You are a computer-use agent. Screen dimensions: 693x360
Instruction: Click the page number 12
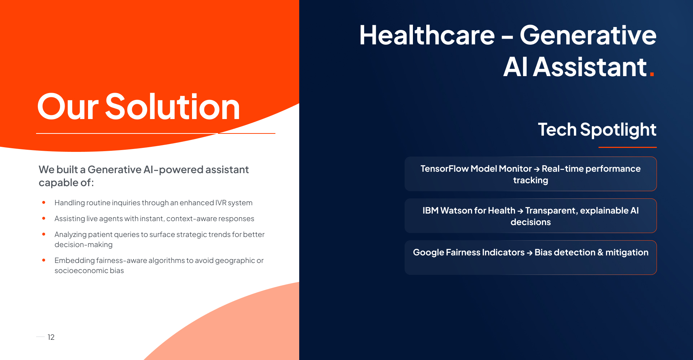point(51,337)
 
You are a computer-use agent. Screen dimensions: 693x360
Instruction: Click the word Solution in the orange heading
point(172,107)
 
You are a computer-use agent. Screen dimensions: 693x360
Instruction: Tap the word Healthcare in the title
point(427,35)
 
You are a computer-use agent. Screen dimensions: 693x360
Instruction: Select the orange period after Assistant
point(652,74)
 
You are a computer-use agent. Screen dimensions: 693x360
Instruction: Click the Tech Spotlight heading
point(597,129)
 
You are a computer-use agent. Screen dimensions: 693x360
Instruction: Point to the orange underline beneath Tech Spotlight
point(627,147)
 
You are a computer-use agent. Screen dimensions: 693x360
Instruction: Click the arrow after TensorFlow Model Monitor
point(537,169)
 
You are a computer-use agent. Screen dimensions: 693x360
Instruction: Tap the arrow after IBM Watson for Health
point(520,211)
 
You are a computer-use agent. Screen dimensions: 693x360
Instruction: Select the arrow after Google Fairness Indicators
point(529,253)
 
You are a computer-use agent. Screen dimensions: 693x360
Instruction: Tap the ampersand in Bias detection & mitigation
point(600,253)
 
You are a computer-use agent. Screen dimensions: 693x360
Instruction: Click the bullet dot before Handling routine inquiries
point(44,202)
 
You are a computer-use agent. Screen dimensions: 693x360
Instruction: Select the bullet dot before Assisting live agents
point(44,218)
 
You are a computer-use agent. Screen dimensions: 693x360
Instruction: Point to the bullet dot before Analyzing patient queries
point(44,234)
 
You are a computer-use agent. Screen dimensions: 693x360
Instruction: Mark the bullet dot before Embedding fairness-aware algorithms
point(44,260)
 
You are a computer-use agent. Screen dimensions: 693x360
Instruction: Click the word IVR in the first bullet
point(221,203)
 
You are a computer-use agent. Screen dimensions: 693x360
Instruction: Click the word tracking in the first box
point(531,180)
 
